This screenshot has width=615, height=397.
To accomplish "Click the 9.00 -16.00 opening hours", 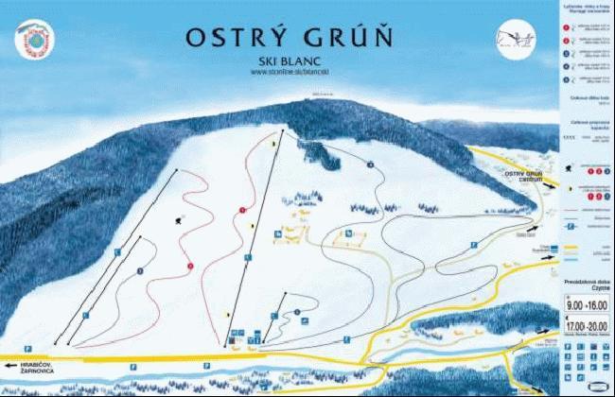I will click(583, 305).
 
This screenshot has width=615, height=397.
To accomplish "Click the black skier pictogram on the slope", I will click(179, 219).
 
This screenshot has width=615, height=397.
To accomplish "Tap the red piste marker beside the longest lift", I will click(243, 209).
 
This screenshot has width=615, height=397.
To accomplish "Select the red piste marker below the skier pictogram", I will click(190, 266).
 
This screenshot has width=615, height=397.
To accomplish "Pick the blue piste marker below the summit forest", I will click(371, 164).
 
